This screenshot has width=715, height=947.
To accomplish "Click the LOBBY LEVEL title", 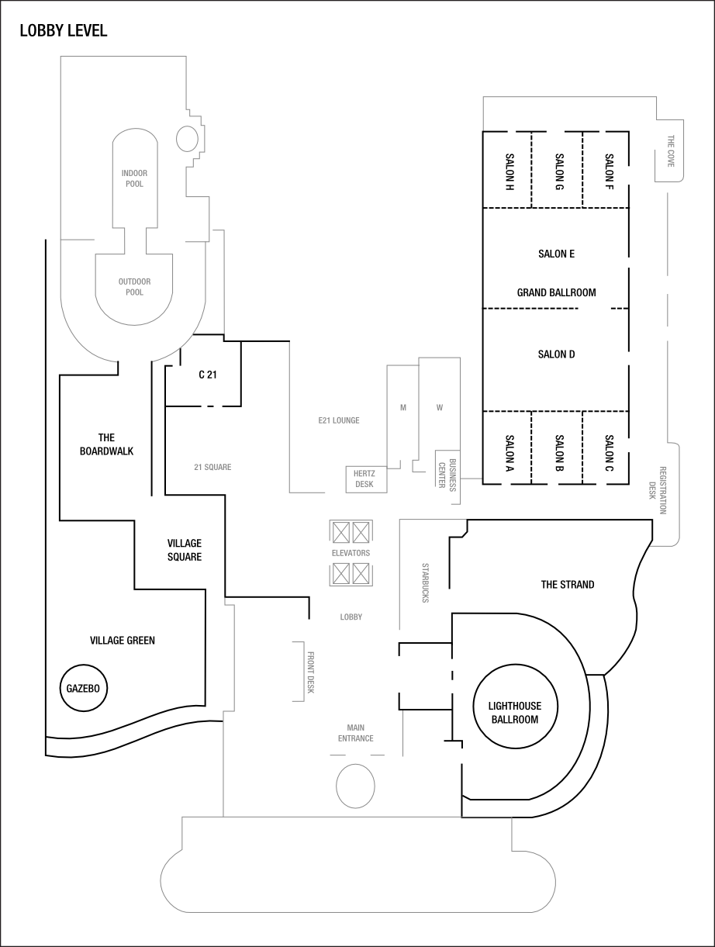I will point(64,32).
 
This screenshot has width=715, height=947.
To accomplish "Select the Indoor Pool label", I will point(134,178).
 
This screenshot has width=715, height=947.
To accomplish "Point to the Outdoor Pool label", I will point(134,287).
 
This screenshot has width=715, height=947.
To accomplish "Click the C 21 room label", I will point(207,375).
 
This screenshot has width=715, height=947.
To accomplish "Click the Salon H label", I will point(509,172).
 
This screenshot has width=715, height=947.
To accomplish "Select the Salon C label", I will point(609,454).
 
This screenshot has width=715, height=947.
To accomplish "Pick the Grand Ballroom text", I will point(556,292).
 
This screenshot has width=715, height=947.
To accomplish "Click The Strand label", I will point(568,584).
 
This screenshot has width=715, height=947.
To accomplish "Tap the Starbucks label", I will point(425,583).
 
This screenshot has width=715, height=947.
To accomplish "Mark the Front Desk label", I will point(310,672).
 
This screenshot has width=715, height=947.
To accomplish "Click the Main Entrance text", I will point(355,732).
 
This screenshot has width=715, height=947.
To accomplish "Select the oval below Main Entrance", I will point(356,786).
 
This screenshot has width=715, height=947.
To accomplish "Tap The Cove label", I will point(672,152).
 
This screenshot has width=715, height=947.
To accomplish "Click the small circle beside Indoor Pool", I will point(188,138).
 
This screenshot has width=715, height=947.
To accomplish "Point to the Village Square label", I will point(185,550).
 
